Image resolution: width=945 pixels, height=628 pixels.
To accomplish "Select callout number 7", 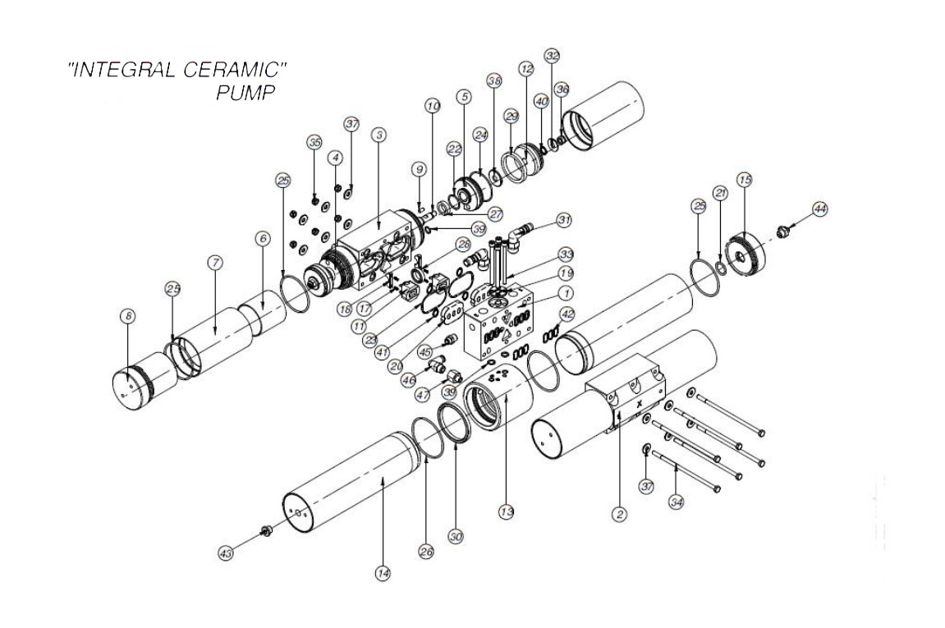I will click(215, 262).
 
